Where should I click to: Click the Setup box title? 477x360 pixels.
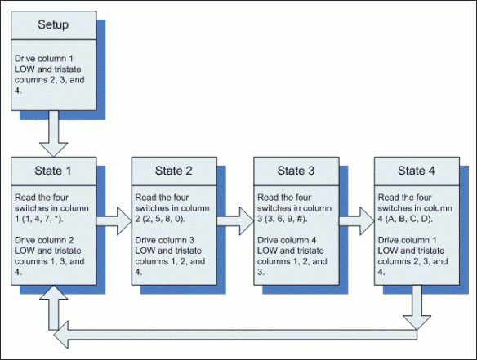53,24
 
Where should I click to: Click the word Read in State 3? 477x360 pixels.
268,198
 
